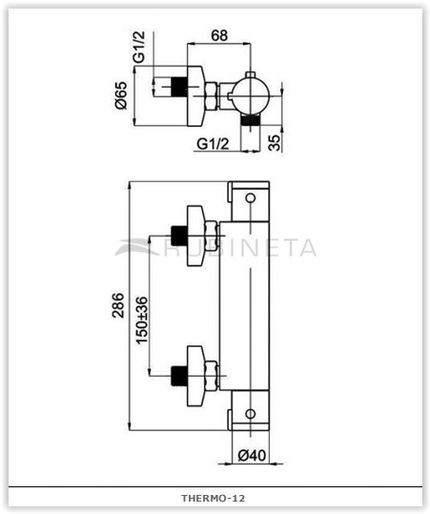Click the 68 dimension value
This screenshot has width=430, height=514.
point(219,35)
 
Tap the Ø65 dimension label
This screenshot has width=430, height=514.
point(120,95)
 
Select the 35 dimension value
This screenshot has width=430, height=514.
point(275,143)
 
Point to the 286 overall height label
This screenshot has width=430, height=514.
point(118,305)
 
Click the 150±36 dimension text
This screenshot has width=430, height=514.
point(142,320)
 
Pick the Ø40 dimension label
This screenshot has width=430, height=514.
point(252,455)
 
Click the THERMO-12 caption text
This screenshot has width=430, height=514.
point(214,498)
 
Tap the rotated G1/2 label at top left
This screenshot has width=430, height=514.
point(138,47)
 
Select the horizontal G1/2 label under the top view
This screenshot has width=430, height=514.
point(213,144)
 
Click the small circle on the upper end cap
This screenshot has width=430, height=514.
point(251,198)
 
